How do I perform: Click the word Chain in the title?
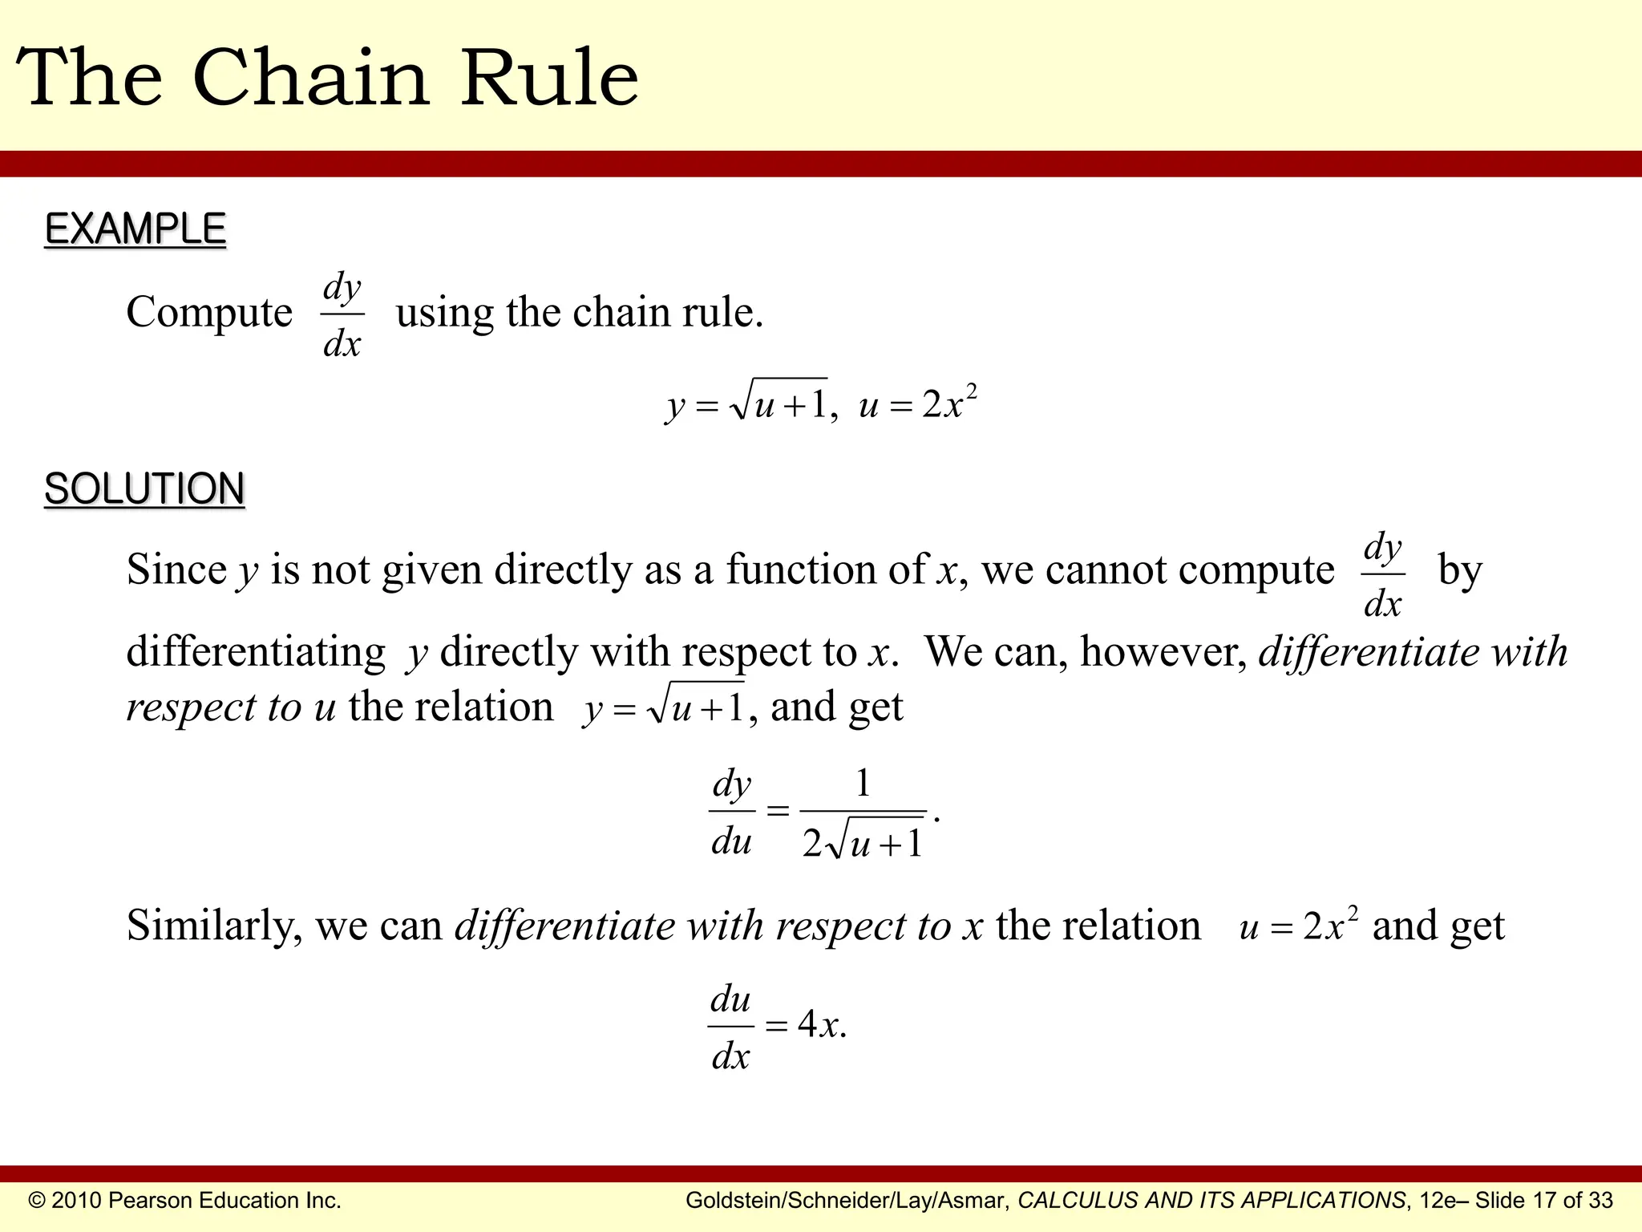[311, 78]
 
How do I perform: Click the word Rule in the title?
[549, 78]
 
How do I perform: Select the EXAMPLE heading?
[135, 229]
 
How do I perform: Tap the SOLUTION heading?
[144, 489]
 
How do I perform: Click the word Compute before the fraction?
[209, 313]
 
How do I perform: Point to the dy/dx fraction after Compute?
[342, 315]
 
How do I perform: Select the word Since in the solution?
[176, 570]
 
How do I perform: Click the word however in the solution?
[1163, 652]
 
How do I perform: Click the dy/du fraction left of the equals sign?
[731, 812]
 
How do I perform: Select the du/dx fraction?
[730, 1027]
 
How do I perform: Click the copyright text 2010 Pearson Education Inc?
[185, 1201]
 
